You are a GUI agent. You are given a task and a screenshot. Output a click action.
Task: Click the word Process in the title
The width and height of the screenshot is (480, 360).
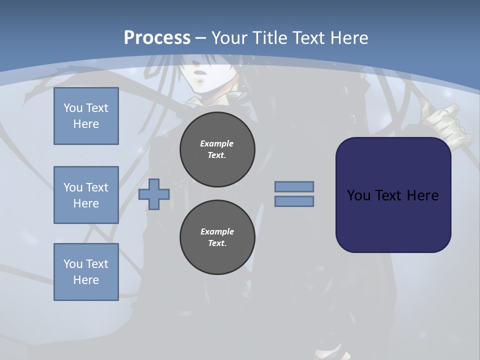click(157, 37)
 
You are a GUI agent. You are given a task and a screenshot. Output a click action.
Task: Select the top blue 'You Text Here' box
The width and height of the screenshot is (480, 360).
click(86, 116)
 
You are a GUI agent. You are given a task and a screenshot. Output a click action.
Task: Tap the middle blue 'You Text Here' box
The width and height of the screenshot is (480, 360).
click(86, 195)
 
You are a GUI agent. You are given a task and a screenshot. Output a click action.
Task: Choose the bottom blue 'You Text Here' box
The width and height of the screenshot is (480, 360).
click(86, 272)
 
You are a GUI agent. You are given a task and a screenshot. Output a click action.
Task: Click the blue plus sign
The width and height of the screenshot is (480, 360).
click(154, 194)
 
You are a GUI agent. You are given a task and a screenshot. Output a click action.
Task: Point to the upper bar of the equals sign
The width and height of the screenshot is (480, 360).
click(294, 187)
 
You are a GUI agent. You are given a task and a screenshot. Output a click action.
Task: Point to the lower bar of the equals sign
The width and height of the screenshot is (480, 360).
click(294, 201)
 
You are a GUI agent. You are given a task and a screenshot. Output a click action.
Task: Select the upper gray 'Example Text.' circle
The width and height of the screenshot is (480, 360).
click(217, 149)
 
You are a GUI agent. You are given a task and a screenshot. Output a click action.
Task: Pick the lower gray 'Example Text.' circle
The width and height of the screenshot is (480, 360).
click(217, 237)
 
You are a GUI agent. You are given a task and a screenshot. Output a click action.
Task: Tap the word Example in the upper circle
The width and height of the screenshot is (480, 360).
click(217, 143)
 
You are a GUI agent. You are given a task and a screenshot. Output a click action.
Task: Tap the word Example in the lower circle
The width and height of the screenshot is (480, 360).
click(217, 231)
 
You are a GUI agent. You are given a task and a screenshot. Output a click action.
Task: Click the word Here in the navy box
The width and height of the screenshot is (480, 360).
click(422, 195)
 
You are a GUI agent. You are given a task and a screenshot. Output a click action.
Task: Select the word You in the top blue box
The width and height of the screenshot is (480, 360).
click(72, 108)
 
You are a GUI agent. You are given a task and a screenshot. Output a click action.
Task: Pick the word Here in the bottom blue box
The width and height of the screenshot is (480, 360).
click(86, 280)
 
